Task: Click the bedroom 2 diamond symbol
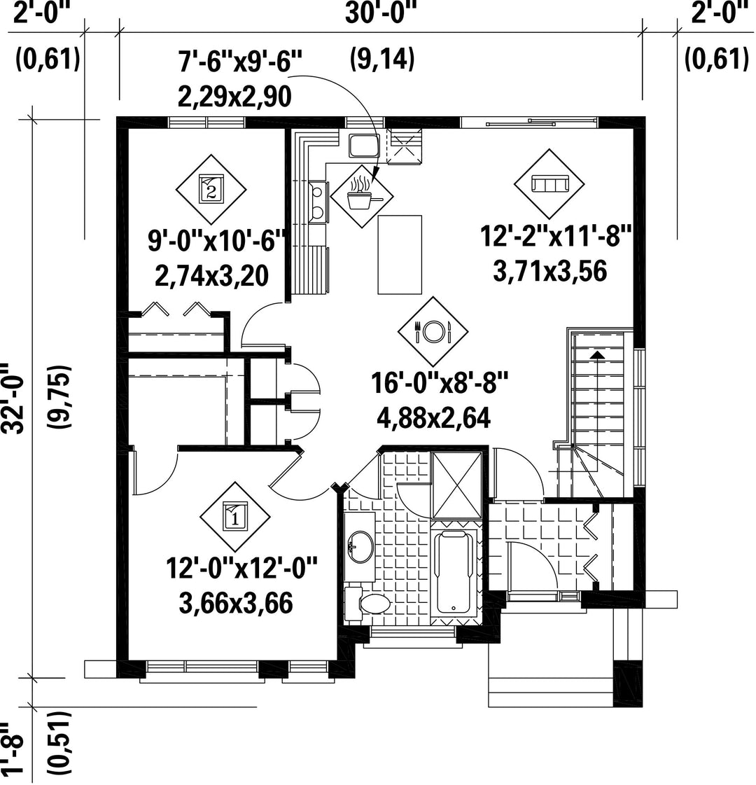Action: coord(211,190)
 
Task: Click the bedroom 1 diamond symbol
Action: coord(234,517)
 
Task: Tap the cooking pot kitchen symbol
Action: coord(362,196)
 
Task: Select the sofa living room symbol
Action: coord(549,183)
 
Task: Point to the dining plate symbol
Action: coord(433,331)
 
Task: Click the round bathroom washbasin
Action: coord(360,546)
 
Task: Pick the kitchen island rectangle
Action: coord(400,255)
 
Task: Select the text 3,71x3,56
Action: coord(550,271)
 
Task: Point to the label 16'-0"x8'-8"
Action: coord(440,384)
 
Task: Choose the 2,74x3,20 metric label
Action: coord(211,276)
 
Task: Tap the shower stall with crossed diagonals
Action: coord(456,485)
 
